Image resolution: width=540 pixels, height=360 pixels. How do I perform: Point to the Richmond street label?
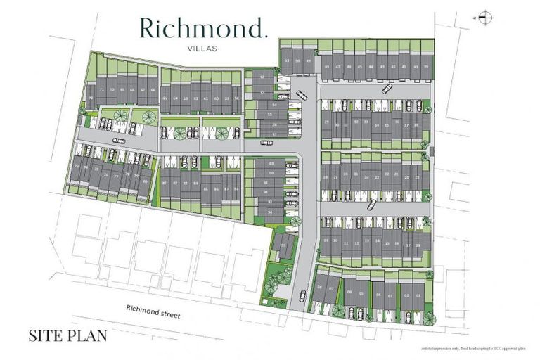153,310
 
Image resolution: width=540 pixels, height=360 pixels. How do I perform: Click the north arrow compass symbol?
483,18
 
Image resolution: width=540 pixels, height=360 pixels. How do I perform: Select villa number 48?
327,67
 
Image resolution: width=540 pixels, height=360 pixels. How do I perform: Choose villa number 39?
426,67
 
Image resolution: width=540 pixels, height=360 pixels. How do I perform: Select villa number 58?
237,98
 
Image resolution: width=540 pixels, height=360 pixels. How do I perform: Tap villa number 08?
321,288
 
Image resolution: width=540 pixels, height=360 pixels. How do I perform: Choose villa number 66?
153,90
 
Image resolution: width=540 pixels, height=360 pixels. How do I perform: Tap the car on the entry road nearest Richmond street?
303,295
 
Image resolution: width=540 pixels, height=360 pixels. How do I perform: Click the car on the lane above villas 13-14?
372,205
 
